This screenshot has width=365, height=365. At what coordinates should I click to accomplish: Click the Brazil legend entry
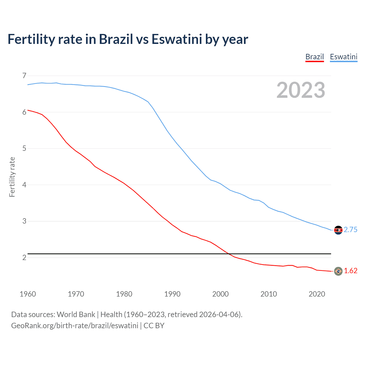[x=315, y=57]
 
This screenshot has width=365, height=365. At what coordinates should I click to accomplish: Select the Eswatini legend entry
[x=343, y=57]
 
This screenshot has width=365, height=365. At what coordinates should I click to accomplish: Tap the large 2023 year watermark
[x=301, y=90]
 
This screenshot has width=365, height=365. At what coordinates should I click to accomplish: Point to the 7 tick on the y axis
[x=24, y=76]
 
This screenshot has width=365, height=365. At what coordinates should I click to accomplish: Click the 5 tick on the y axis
[x=24, y=148]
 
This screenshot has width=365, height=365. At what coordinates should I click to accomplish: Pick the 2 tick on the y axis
[x=24, y=257]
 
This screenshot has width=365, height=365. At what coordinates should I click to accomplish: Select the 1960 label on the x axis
[x=28, y=294]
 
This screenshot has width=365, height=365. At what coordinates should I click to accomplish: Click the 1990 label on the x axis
[x=172, y=294]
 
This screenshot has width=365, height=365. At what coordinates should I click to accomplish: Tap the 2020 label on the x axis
[x=317, y=294]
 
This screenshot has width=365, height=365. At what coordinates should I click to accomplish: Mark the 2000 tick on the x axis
[x=220, y=294]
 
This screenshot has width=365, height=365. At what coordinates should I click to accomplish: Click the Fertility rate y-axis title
[x=12, y=177]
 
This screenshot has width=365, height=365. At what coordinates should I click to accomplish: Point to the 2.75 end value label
[x=350, y=230]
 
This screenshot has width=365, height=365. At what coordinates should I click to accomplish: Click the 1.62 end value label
[x=350, y=271]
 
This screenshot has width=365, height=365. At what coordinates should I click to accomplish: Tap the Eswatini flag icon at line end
[x=338, y=230]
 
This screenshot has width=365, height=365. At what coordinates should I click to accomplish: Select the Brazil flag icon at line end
[x=338, y=271]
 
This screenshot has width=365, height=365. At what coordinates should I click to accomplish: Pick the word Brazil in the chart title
[x=116, y=39]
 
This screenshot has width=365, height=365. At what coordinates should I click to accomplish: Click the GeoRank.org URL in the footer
[x=75, y=326]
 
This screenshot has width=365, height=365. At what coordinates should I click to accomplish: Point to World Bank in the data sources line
[x=76, y=315]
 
